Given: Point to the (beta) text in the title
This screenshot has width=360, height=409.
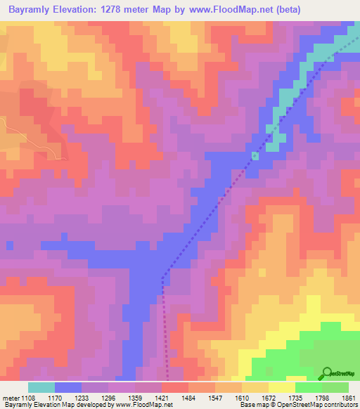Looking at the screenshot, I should pos(288,10).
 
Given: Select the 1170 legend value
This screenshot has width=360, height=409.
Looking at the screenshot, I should pos(65,397).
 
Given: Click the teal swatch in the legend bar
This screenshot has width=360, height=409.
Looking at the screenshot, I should pos(41,387).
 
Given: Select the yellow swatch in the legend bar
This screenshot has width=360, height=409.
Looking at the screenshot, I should pos(282,387).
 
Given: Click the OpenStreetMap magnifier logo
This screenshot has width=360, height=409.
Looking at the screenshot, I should pos(326,373).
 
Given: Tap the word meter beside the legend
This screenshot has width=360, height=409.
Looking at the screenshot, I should pos(10,397).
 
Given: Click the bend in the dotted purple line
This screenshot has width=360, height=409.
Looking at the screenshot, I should pos(163,276).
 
